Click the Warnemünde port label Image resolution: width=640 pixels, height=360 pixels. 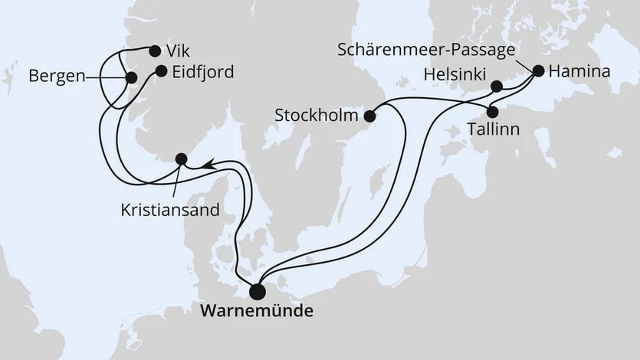point(256,313)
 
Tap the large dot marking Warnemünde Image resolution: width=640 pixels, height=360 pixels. point(258,291)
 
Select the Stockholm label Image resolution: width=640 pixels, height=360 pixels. point(317,116)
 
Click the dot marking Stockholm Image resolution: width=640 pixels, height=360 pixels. point(369,116)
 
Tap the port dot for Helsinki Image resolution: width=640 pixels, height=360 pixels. point(497,86)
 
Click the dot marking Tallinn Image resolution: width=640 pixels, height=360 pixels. point(493,111)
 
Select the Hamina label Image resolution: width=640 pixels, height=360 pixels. point(579,72)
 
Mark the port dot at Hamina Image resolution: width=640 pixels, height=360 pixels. point(538,71)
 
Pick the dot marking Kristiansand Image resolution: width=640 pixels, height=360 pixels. point(182,159)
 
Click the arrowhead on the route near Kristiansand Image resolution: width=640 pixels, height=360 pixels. point(207,163)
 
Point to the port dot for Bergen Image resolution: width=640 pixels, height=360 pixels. point(131,78)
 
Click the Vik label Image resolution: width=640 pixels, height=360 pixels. point(177,51)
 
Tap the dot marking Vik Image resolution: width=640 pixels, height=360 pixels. point(155,51)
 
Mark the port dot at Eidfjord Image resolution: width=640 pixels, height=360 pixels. point(161,71)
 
